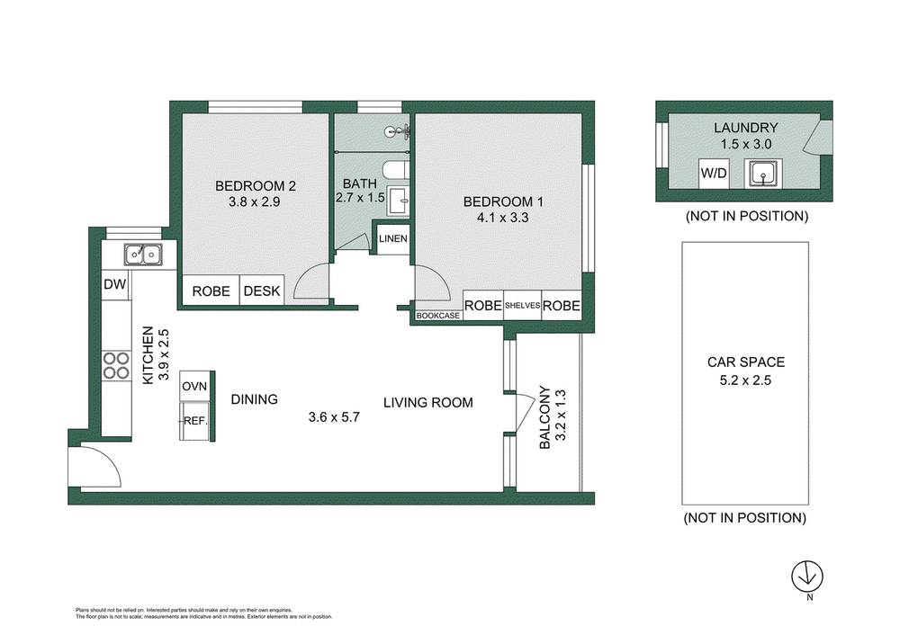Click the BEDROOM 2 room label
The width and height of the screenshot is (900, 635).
255,186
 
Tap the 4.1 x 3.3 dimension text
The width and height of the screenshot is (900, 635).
503,218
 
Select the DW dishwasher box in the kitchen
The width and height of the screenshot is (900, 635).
115,284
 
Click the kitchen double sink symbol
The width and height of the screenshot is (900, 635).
143,255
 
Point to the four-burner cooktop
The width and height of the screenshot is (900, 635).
116,366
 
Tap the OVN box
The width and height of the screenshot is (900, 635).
195,386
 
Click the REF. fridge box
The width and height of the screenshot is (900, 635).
195,420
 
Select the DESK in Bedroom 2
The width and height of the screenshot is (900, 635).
262,291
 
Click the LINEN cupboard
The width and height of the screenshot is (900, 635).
393,238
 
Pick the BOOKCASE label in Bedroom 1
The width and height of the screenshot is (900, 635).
438,316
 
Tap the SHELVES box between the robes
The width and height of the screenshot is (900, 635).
522,305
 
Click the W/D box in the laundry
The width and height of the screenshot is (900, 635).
714,173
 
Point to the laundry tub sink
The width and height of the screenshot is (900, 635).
763,174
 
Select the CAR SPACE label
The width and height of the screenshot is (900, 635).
745,362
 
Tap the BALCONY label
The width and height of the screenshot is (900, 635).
544,417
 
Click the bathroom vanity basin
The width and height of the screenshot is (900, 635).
398,201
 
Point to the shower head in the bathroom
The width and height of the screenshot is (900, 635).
398,131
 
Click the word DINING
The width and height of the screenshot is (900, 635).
255,399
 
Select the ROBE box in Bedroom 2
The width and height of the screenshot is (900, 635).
211,291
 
